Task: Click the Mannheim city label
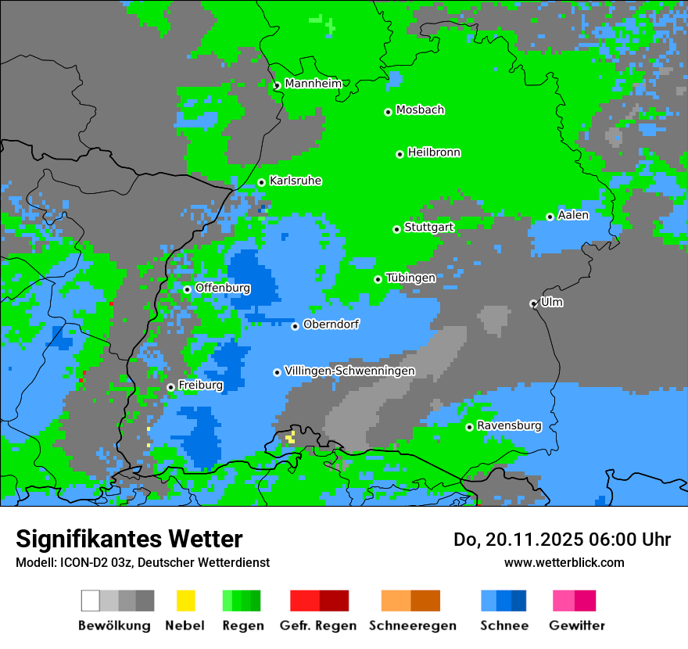pos(313,84)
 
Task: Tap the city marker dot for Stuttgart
pos(397,229)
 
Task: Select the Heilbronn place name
pos(434,152)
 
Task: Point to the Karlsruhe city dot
pos(262,183)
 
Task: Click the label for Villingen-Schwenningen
pos(349,371)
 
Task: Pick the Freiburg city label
pos(200,385)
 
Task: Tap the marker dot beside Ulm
pos(534,303)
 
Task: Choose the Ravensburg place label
pos(509,425)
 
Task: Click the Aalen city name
pos(573,215)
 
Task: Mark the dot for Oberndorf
pos(296,326)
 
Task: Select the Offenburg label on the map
pos(223,288)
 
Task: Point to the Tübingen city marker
pos(378,279)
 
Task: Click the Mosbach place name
pos(420,110)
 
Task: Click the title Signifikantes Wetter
pos(129,539)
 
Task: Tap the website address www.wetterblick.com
pos(564,562)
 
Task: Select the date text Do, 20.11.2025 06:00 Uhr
pos(562,540)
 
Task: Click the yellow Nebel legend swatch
pos(185,601)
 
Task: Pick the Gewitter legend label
pos(576,626)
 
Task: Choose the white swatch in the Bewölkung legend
pos(91,601)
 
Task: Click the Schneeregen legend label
pos(412,626)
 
